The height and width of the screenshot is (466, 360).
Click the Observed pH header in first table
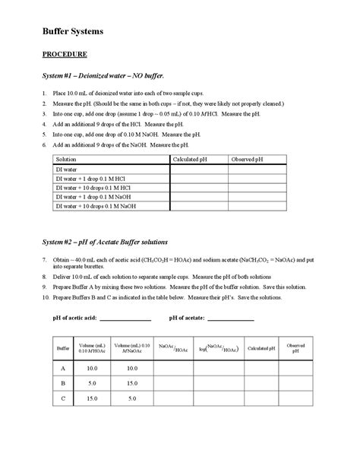coord(248,160)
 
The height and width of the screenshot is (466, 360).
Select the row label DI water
coord(67,170)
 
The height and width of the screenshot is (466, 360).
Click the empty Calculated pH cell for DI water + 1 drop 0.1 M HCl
coord(198,179)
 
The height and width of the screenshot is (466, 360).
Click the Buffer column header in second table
coord(63,348)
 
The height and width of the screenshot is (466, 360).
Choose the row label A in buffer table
coord(63,368)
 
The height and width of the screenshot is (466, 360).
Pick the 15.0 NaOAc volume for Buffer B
coord(131,383)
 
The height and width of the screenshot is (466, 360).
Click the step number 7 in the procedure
coord(44,259)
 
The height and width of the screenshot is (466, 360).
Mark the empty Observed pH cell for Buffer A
coord(295,368)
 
